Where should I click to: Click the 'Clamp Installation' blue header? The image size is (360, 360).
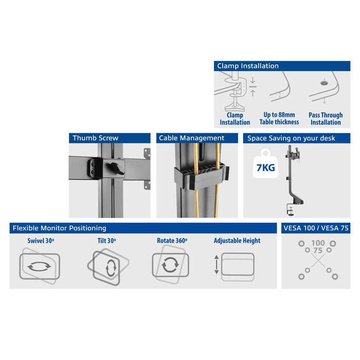(x=282, y=66)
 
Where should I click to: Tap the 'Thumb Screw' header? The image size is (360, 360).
(x=110, y=138)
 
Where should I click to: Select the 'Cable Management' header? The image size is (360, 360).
(x=197, y=138)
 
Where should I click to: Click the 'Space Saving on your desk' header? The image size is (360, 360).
(x=297, y=138)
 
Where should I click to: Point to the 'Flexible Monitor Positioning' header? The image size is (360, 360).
(x=143, y=228)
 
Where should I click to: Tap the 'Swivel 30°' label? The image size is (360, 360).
(x=41, y=241)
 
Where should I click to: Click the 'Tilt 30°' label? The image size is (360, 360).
(x=107, y=241)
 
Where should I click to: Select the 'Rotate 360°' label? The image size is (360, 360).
(x=172, y=241)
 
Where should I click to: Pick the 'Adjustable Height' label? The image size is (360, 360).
(x=237, y=241)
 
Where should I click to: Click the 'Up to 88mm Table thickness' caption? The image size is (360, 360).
(x=279, y=119)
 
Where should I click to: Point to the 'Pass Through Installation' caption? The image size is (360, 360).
(x=326, y=119)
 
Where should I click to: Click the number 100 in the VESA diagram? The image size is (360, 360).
(x=318, y=242)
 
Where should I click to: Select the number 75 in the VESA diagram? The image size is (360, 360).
(x=318, y=250)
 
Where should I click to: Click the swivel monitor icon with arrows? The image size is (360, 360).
(x=40, y=266)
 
